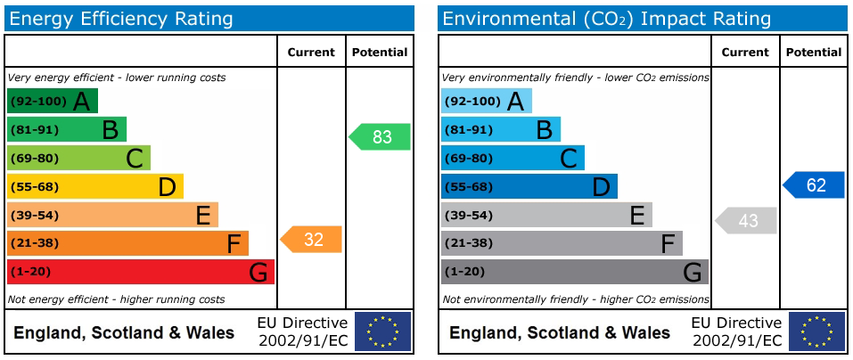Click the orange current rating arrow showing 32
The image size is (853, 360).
(x=310, y=240)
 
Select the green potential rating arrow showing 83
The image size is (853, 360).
(x=379, y=136)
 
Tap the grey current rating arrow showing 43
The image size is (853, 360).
(x=745, y=220)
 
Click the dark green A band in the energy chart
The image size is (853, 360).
(x=53, y=101)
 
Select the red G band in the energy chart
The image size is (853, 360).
(x=140, y=272)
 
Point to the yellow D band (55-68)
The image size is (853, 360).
(x=95, y=186)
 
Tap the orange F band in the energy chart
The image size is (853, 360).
(x=127, y=243)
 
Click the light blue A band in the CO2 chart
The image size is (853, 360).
(x=487, y=101)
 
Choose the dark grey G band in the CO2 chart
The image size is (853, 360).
(x=575, y=272)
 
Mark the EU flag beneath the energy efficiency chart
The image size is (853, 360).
(x=383, y=331)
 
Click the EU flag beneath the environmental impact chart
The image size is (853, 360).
(x=817, y=331)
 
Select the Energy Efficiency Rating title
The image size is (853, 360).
(x=121, y=20)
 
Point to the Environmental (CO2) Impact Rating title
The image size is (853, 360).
(x=607, y=20)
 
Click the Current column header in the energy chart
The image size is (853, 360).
(x=311, y=53)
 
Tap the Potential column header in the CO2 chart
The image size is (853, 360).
(x=814, y=53)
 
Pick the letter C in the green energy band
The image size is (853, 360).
(x=135, y=159)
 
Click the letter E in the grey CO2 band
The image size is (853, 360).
(x=637, y=216)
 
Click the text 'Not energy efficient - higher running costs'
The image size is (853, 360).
(x=117, y=299)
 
